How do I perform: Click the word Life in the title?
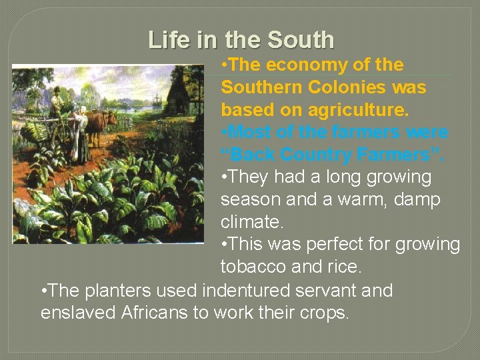pyautogui.click(x=167, y=40)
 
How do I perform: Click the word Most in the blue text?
pyautogui.click(x=250, y=132)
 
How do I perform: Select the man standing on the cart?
pyautogui.click(x=57, y=103)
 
